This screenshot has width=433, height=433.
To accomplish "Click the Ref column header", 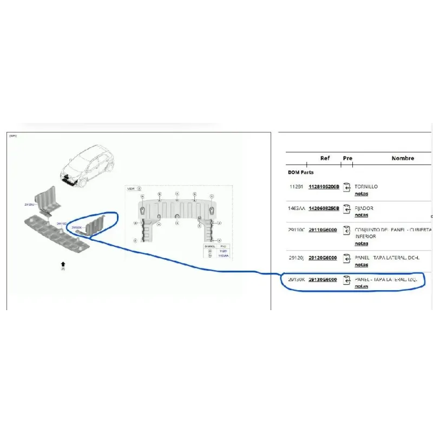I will (x=325, y=158).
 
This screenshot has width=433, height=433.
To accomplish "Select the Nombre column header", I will (x=403, y=158).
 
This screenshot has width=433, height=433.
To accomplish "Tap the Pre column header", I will (x=347, y=158).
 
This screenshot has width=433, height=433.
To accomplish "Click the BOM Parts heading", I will (x=300, y=172).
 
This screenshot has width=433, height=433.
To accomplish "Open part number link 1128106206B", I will (x=323, y=187).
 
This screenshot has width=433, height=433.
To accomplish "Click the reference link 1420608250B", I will (x=323, y=208).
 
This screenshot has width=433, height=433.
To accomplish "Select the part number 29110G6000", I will (x=323, y=230).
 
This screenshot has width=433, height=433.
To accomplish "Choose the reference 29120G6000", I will (x=323, y=258).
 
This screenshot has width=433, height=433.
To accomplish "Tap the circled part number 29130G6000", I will (x=323, y=280).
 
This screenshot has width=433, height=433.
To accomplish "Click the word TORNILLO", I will (x=366, y=187).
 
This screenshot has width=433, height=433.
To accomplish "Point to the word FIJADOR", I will (x=364, y=208).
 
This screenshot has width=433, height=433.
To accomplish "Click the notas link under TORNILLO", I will (x=361, y=194).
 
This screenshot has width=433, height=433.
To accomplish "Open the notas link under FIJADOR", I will (x=361, y=215).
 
